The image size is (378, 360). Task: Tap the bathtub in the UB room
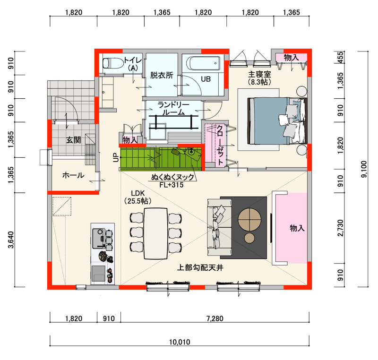(x=203, y=63)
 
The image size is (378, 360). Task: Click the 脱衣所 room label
(x=162, y=75)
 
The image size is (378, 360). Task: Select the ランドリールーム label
(x=173, y=109)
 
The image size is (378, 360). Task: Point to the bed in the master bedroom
(x=277, y=121)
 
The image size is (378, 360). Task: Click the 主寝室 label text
(x=259, y=74)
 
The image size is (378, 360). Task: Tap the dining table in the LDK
(x=156, y=233)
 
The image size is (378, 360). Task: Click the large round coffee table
(x=249, y=220)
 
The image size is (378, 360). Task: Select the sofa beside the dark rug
(x=219, y=227)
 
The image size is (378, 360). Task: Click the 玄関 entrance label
(x=73, y=140)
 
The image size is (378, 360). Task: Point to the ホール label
(x=73, y=175)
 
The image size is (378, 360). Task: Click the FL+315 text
(x=172, y=185)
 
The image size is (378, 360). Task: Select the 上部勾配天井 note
(x=200, y=267)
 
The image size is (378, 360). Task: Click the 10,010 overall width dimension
(x=180, y=342)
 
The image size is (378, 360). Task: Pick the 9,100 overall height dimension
(x=364, y=169)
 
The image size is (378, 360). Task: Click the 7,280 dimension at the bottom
(x=215, y=318)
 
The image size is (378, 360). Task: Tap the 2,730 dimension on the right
(x=340, y=228)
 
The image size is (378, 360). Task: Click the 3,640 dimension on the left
(x=11, y=240)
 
